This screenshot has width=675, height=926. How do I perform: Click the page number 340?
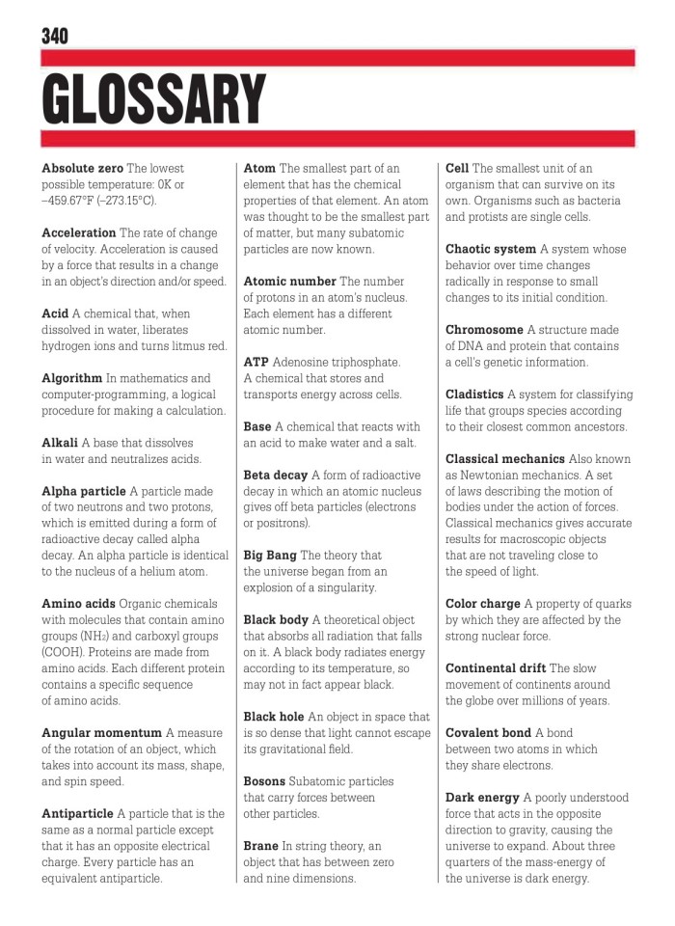click(x=55, y=36)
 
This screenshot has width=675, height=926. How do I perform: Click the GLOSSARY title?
click(x=153, y=98)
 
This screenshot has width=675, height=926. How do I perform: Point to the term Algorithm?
click(x=71, y=378)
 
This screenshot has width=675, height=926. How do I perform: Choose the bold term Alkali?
click(x=60, y=443)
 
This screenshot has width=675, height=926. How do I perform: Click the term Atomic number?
click(x=289, y=282)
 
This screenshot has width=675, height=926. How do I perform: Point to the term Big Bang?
click(x=270, y=556)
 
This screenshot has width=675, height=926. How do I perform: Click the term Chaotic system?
click(x=491, y=249)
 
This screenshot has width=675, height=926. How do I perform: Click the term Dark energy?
click(x=482, y=798)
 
